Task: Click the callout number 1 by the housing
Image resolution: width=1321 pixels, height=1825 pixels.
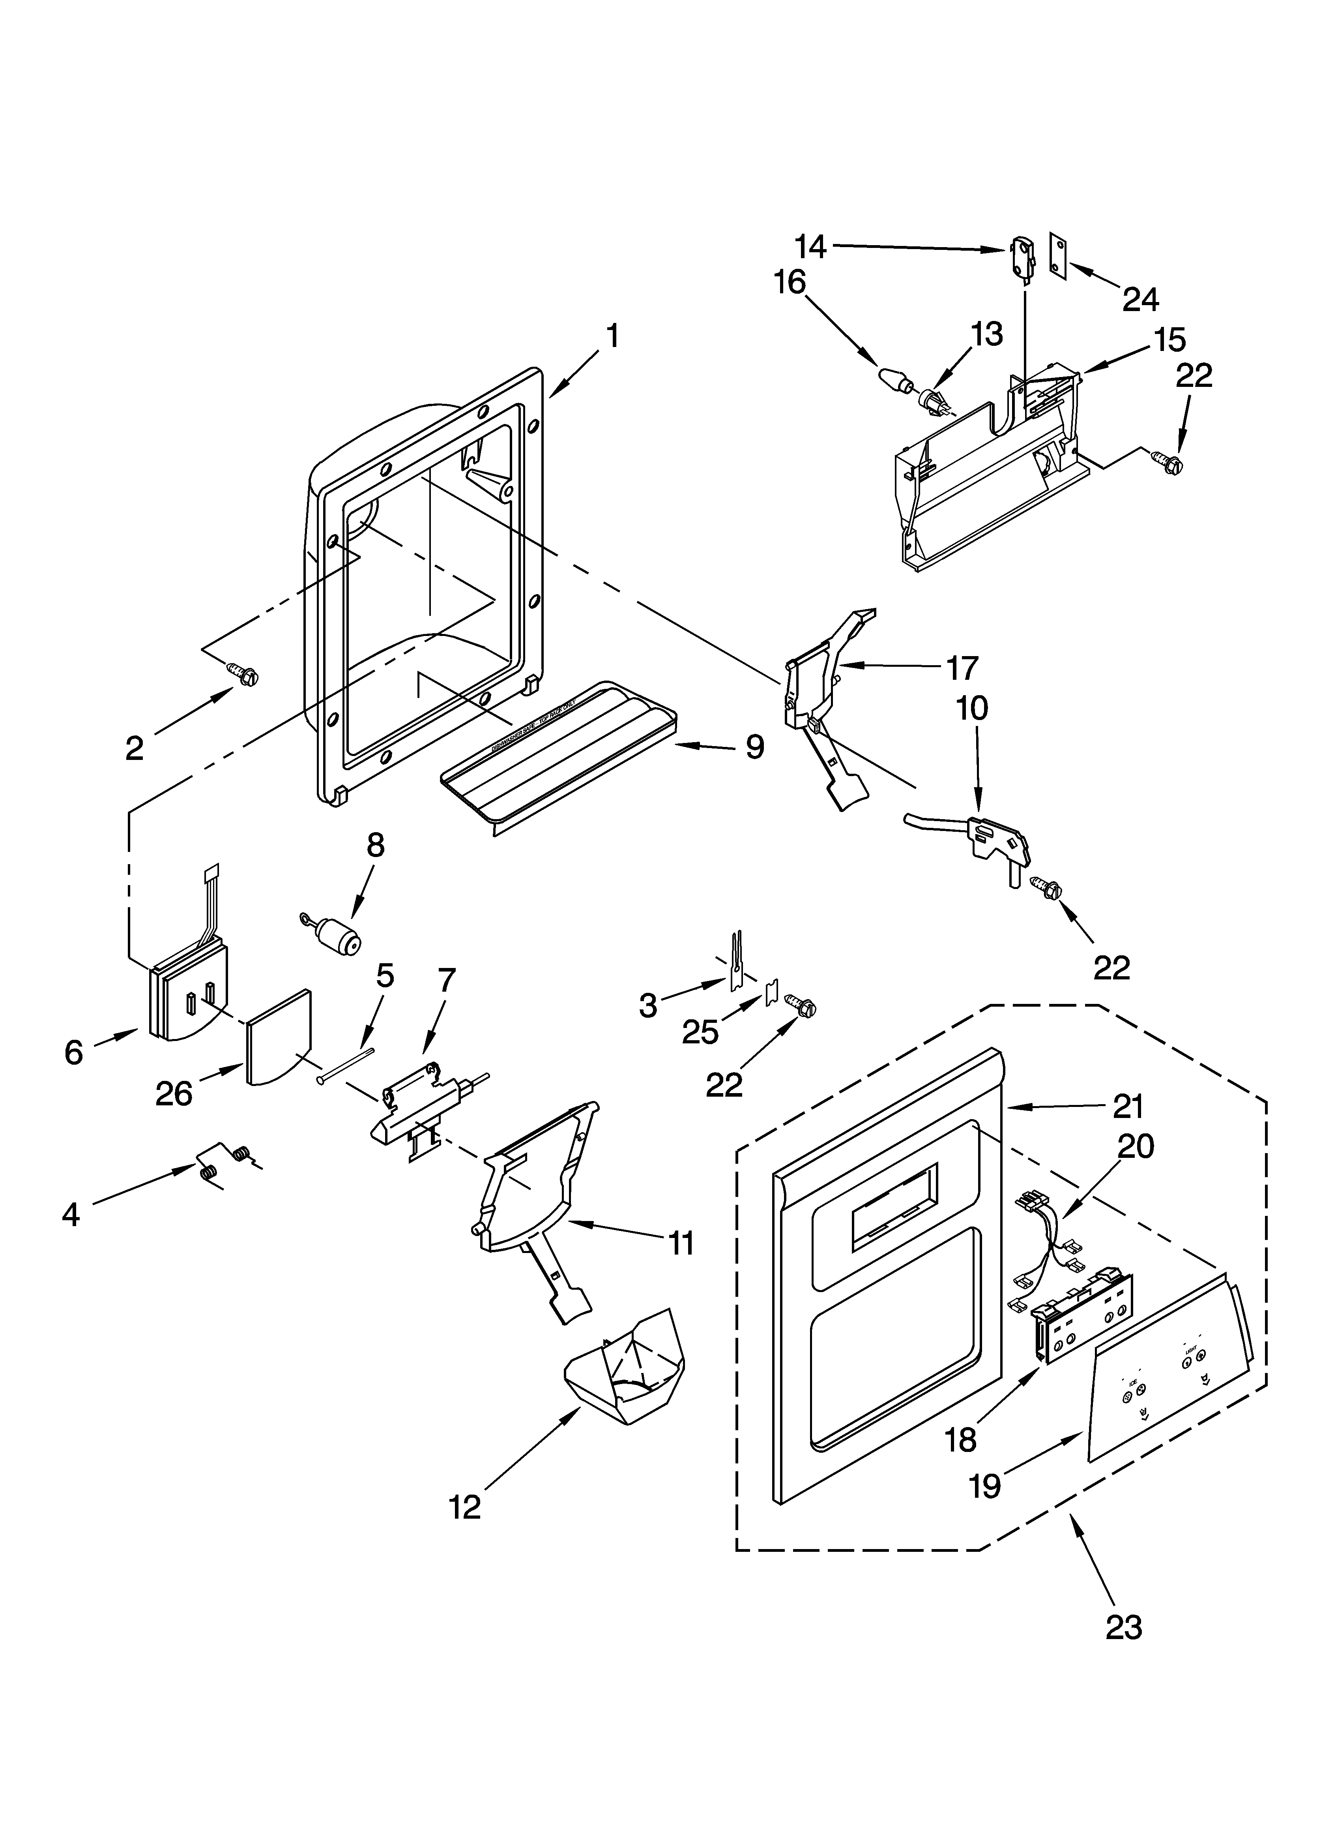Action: pos(612,336)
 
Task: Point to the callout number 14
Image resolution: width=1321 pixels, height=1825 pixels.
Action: pos(810,246)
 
